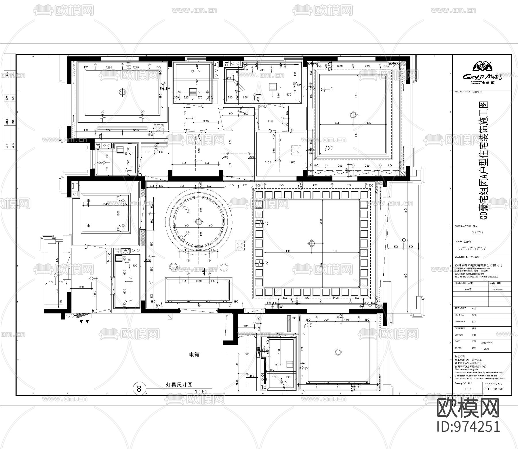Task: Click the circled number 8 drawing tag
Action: (139, 389)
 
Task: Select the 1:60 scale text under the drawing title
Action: (201, 391)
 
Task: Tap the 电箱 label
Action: (194, 355)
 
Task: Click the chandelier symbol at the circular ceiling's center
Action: (199, 221)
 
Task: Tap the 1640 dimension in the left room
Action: (105, 204)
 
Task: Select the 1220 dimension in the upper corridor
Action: (205, 121)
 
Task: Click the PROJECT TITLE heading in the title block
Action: (462, 92)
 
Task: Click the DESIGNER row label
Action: (460, 328)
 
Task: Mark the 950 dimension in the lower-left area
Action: (81, 287)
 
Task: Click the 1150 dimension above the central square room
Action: (271, 121)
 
